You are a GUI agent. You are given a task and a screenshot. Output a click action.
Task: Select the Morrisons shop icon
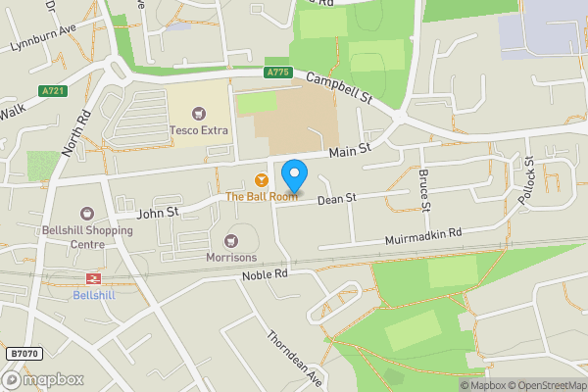point(232,240)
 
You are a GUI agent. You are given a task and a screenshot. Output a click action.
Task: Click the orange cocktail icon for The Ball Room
point(261,180)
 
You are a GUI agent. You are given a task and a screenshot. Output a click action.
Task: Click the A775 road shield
point(277,73)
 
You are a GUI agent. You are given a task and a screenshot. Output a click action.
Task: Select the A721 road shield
point(53,91)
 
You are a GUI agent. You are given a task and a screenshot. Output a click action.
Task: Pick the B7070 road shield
point(24,353)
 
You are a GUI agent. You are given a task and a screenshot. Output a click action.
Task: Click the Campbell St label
point(340,88)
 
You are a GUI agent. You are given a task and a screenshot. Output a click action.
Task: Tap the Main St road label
point(350,151)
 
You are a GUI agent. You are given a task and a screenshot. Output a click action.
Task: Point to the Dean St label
point(335,199)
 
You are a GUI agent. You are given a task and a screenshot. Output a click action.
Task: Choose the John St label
point(157,210)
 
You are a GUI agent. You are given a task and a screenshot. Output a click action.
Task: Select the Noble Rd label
point(266,277)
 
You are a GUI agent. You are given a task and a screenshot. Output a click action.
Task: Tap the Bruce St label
point(424,190)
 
